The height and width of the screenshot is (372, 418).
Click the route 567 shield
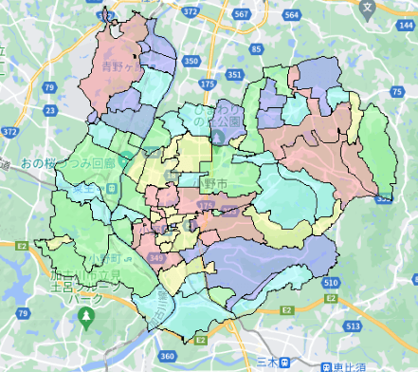tap(244, 14)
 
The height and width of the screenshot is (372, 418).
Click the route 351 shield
tap(235, 73)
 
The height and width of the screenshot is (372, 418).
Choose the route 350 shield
tap(193, 61)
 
